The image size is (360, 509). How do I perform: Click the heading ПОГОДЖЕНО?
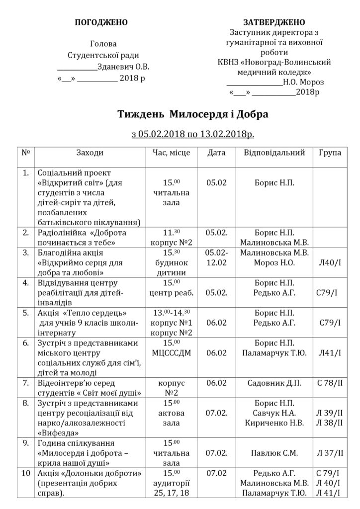(101, 22)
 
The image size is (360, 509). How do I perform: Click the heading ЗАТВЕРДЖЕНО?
(274, 22)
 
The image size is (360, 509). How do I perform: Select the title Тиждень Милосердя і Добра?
(192, 114)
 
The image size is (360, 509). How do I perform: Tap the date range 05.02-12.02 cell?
(216, 257)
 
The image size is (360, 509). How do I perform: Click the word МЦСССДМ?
(170, 353)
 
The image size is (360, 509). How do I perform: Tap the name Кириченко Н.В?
(274, 423)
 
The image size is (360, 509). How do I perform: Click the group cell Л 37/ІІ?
(330, 453)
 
